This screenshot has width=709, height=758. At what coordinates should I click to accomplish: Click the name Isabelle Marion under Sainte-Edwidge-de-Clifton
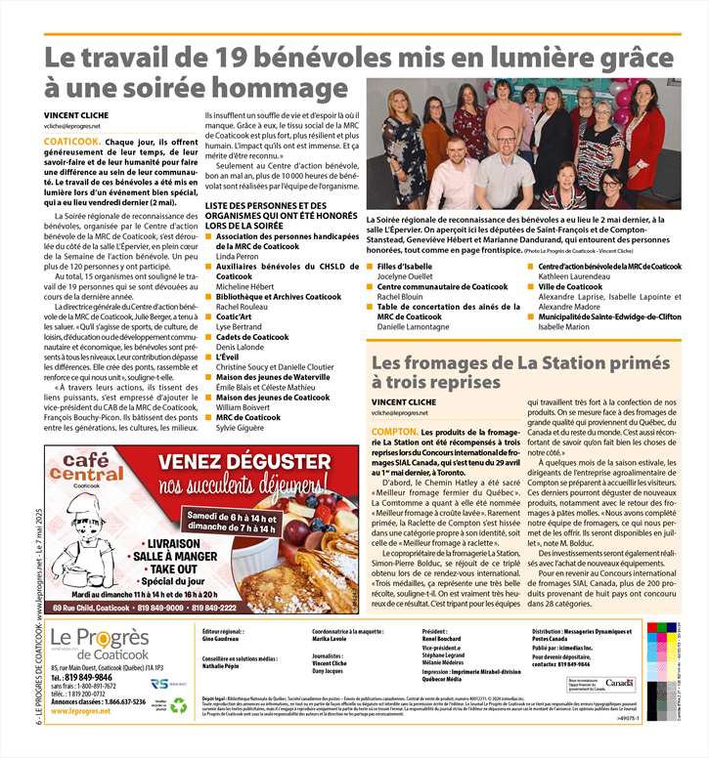[x=565, y=326]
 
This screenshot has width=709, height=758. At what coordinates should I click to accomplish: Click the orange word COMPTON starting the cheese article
[x=395, y=431]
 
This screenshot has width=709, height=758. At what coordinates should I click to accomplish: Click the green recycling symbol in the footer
[x=178, y=705]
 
